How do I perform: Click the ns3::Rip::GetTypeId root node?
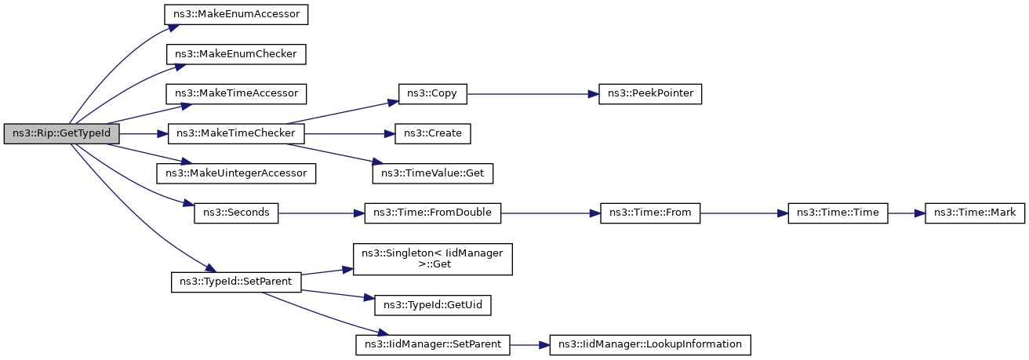pyautogui.click(x=61, y=133)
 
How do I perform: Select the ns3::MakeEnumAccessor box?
pyautogui.click(x=236, y=15)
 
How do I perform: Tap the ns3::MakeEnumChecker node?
pyautogui.click(x=236, y=54)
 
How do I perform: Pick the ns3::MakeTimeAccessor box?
pyautogui.click(x=236, y=93)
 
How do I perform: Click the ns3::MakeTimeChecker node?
pyautogui.click(x=236, y=133)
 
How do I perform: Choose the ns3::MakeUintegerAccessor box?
pyautogui.click(x=236, y=173)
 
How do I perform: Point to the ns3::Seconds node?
pyautogui.click(x=236, y=213)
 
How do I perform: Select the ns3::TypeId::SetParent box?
pyautogui.click(x=236, y=282)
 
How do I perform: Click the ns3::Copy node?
pyautogui.click(x=433, y=93)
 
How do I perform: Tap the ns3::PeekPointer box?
pyautogui.click(x=650, y=93)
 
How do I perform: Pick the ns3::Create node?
pyautogui.click(x=433, y=133)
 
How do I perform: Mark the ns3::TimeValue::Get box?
pyautogui.click(x=433, y=173)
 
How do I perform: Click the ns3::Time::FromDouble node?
pyautogui.click(x=433, y=213)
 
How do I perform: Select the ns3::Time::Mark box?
pyautogui.click(x=975, y=213)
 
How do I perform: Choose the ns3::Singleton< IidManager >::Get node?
pyautogui.click(x=433, y=260)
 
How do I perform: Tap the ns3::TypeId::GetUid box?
pyautogui.click(x=433, y=305)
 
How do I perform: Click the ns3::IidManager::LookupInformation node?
pyautogui.click(x=650, y=345)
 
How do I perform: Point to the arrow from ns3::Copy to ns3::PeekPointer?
pyautogui.click(x=533, y=94)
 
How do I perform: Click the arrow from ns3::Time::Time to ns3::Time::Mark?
pyautogui.click(x=907, y=213)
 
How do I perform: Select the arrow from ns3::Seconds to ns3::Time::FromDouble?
pyautogui.click(x=322, y=213)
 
